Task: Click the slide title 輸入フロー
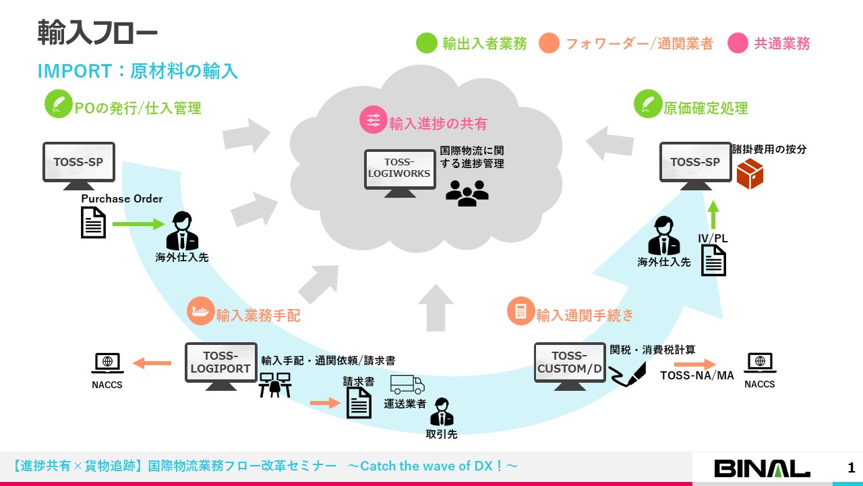97,33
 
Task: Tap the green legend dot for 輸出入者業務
427,43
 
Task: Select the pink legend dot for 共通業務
738,43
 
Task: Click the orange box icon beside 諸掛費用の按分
749,174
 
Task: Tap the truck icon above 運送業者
407,385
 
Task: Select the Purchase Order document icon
94,222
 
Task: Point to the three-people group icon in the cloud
467,193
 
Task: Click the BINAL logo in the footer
762,468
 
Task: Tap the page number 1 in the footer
851,468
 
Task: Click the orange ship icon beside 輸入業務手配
200,312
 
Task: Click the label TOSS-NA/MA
696,375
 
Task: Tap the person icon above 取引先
442,412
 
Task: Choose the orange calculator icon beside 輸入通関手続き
520,311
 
